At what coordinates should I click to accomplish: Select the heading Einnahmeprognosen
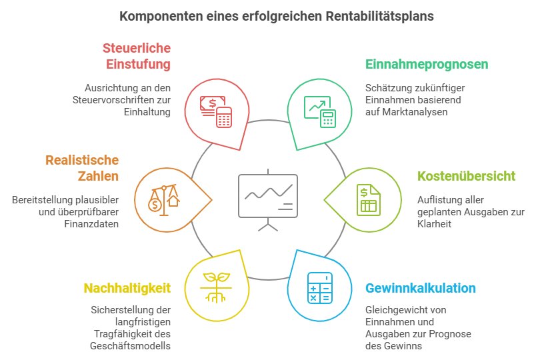(427, 65)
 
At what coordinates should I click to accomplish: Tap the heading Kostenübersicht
(466, 177)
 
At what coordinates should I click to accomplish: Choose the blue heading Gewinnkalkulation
(420, 289)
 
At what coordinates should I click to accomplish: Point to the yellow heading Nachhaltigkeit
(127, 289)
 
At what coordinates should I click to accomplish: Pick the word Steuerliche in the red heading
(137, 49)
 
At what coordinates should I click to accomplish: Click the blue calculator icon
(319, 288)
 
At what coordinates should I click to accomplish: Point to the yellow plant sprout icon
(215, 287)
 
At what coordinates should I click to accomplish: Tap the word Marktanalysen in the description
(415, 112)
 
